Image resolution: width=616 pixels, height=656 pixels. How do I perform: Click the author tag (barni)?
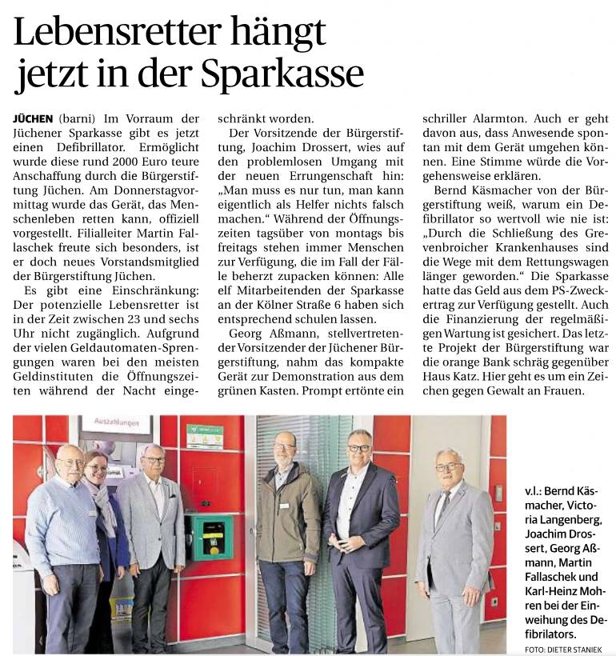point(78,118)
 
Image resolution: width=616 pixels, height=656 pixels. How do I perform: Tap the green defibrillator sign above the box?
point(204,436)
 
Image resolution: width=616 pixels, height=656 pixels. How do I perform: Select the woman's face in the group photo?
point(96,466)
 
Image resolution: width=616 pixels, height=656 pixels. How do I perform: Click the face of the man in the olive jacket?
point(283,447)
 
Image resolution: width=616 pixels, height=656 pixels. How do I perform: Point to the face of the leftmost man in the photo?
point(70,462)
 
